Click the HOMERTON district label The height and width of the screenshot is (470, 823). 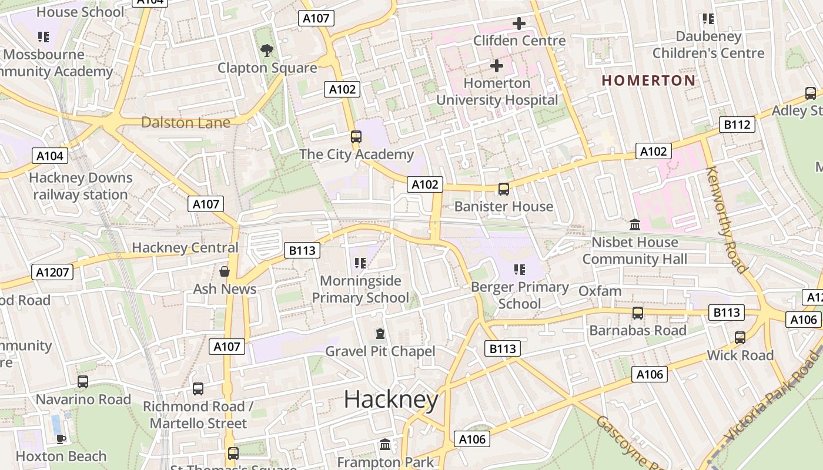coord(648,80)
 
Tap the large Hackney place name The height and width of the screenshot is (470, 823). coord(391,400)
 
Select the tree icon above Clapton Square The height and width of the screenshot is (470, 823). coord(267,51)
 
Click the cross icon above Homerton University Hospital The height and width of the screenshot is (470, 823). coord(497,65)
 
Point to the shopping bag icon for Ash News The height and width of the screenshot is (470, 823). coord(225,271)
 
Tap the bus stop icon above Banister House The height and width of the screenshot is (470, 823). coord(504,189)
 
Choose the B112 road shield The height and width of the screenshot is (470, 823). coord(737,125)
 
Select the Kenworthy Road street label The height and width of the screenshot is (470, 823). coord(727,220)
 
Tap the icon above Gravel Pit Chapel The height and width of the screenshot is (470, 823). coord(380,334)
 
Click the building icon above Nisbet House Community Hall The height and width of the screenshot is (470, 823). coord(635,224)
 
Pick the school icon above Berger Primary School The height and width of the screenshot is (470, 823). coord(519,270)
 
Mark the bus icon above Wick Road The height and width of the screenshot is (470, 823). coord(740,338)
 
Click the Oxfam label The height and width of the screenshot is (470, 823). coord(600,291)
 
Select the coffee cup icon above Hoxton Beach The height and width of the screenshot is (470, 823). coord(61,438)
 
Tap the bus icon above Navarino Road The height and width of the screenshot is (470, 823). coord(83,382)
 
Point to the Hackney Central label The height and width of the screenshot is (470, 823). coord(185,247)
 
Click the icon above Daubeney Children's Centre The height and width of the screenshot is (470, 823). coord(708,19)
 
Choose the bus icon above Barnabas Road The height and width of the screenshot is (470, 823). coord(638,313)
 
